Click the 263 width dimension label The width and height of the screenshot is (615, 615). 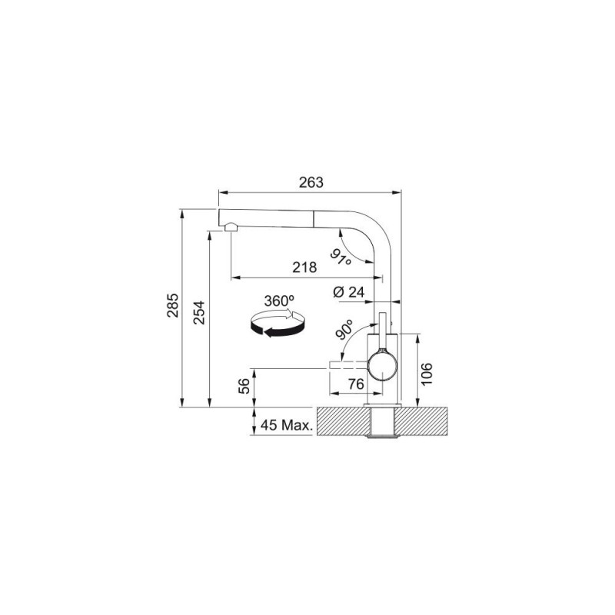coord(311,182)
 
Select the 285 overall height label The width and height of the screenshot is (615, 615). coord(173,305)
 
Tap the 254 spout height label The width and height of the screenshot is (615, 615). coord(199,312)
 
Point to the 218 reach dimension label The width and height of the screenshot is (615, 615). coord(304,268)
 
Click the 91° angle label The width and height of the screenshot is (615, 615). coord(341,258)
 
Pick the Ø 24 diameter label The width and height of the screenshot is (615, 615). coord(349,292)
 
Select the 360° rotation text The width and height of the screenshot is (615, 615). coord(279,301)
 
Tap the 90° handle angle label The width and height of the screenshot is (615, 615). coord(344,329)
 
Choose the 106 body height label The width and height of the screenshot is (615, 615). coord(427,374)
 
